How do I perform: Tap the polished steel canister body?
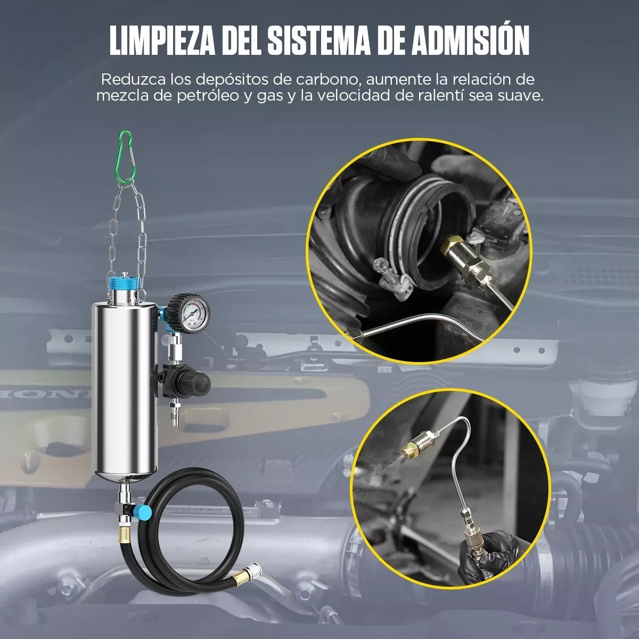point(124,389)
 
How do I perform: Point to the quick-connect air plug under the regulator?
point(175,413)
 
